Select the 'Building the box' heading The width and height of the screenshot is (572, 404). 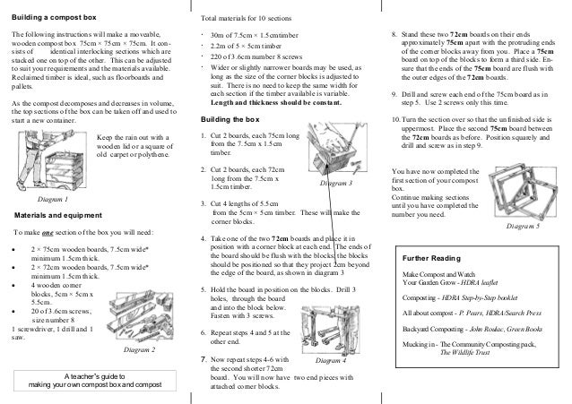[x=231, y=120]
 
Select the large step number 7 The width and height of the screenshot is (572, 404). [x=204, y=360]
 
